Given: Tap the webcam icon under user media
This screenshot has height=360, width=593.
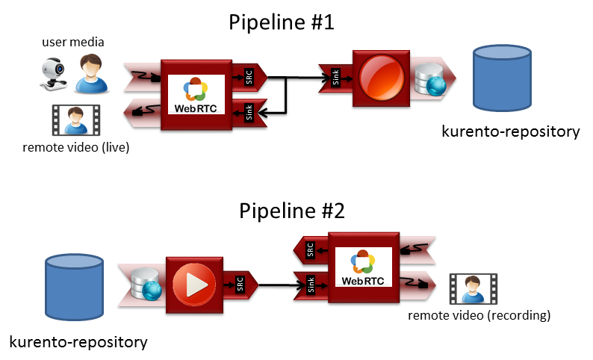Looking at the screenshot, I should tap(53, 75).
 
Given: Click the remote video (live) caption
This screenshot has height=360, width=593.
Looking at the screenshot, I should tap(77, 147).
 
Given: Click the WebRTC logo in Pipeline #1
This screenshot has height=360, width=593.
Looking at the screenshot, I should tap(196, 94).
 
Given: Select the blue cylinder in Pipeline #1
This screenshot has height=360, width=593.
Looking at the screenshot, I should tap(503, 78).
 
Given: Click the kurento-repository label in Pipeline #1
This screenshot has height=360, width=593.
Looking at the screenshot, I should tap(511, 132).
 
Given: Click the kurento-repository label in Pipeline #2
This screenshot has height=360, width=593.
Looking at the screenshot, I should tap(78, 342).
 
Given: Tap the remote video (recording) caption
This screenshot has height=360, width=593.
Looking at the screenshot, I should tap(479, 315).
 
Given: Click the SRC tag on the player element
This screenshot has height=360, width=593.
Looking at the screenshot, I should tap(239, 284).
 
